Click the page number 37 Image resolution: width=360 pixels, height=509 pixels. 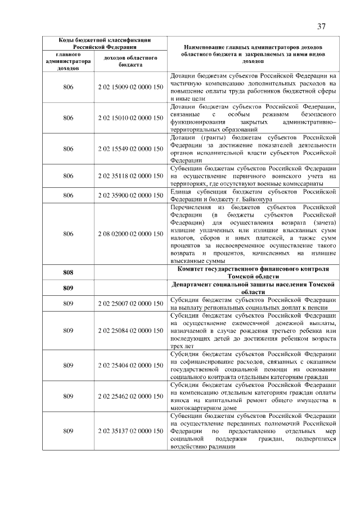point(322,26)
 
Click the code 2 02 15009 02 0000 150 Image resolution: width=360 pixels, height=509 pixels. point(130,87)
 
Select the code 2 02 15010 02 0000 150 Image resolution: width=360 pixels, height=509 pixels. point(130,118)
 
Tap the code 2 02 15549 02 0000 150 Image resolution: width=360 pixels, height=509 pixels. point(130,149)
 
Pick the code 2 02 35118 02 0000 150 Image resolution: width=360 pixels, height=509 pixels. point(130,176)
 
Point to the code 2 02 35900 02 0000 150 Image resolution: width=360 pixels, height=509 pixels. point(130,195)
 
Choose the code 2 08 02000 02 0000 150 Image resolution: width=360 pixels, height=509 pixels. point(130,233)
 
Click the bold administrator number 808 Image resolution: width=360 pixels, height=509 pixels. point(68,273)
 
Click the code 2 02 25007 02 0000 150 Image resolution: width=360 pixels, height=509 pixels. point(130,304)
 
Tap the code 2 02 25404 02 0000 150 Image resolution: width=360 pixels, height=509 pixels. point(130,365)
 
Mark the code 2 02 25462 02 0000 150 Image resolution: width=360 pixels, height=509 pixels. point(130,396)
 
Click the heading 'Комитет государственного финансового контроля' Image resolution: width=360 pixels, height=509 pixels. point(253,269)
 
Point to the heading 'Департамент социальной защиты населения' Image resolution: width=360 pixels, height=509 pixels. point(253,285)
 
